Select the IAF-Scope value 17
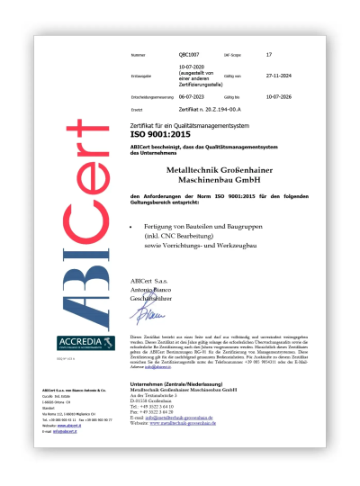pyautogui.click(x=269, y=55)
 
